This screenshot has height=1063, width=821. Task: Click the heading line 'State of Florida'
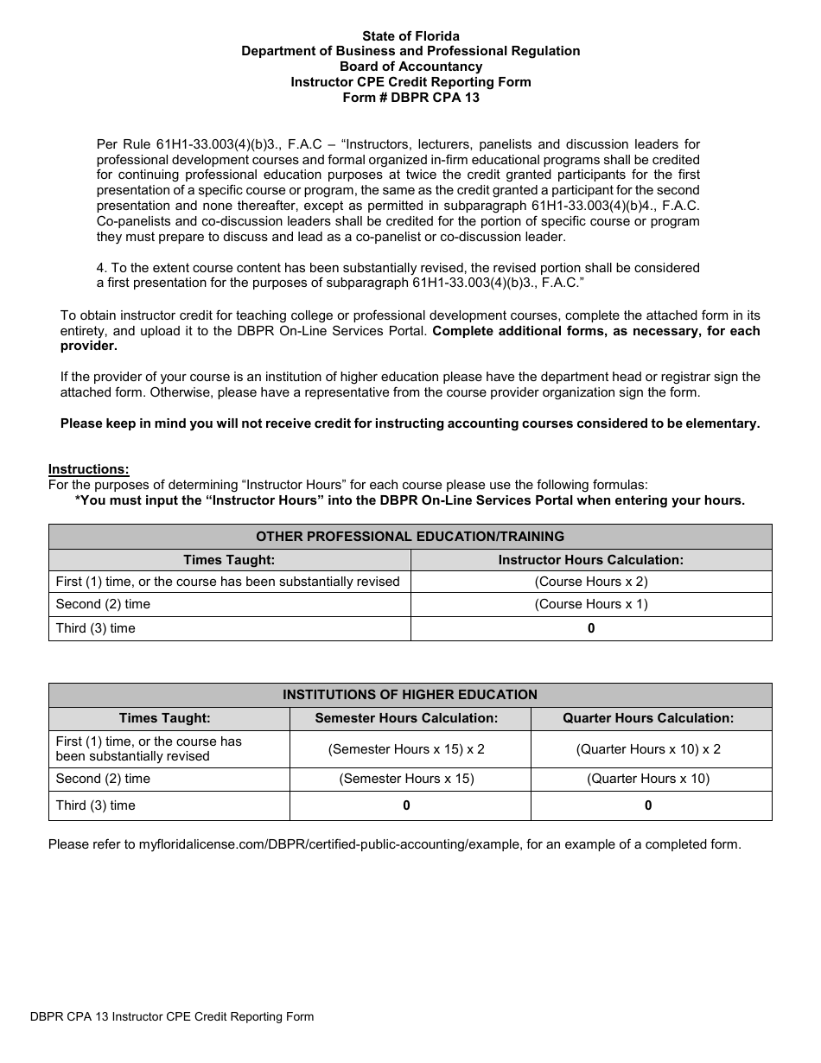coord(410,36)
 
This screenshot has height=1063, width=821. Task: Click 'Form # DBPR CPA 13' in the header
coord(410,98)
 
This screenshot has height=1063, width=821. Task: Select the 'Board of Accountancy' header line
coord(410,67)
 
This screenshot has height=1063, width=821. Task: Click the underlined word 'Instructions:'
coord(88,469)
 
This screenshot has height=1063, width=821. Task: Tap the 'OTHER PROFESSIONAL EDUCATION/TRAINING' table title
coord(410,536)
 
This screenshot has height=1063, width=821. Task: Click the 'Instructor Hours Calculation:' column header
coord(590,560)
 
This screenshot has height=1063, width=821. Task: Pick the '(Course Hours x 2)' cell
coord(590,582)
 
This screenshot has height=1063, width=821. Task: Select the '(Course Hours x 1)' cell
coord(590,604)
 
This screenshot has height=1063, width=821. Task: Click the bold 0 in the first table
coord(591,628)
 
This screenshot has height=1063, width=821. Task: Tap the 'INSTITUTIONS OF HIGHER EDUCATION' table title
coord(410,695)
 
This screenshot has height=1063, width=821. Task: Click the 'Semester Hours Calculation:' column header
coord(406,718)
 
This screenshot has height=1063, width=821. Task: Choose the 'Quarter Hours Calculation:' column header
coord(648,718)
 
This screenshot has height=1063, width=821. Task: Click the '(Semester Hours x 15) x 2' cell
coord(406,749)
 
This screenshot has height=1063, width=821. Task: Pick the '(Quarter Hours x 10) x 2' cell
coord(648,749)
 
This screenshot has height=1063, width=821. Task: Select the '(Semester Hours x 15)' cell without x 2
coord(406,779)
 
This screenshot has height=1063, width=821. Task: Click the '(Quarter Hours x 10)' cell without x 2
coord(648,779)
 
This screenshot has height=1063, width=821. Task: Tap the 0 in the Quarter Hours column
coord(648,805)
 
